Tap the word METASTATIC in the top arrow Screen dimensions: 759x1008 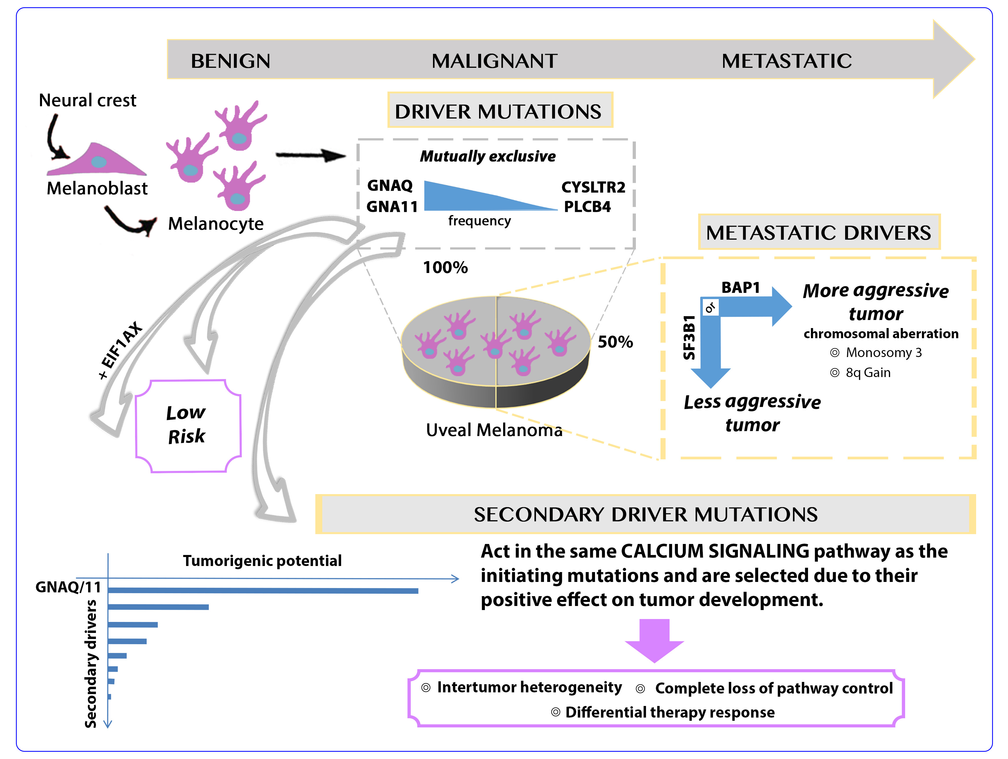tap(787, 61)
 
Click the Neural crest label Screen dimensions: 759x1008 tap(88, 100)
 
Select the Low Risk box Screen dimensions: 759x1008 tap(188, 425)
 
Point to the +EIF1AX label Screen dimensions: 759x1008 tap(121, 350)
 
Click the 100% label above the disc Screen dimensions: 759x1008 tap(445, 267)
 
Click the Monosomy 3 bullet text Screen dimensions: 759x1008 tap(883, 353)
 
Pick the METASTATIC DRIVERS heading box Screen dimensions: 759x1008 tap(818, 232)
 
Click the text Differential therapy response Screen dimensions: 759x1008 tap(669, 712)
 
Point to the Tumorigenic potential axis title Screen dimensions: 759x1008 tap(262, 560)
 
